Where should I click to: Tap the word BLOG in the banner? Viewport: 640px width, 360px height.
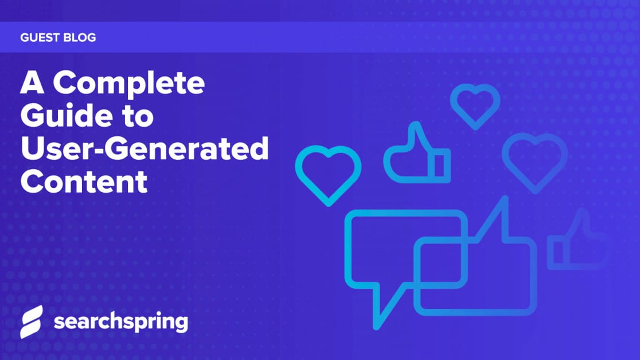[81, 38]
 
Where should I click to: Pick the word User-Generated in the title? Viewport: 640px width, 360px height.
[145, 150]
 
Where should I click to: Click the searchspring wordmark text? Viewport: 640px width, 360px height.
[120, 322]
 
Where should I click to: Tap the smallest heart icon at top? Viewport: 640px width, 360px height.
[475, 105]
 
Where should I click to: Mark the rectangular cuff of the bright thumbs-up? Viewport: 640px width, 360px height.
[442, 163]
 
